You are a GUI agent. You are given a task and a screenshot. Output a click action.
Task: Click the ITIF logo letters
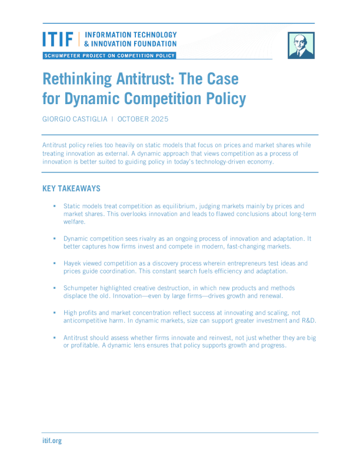click(x=58, y=39)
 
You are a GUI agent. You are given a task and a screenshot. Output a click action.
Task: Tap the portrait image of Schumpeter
click(x=301, y=45)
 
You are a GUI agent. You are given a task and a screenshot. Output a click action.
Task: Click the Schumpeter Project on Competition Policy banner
click(x=109, y=55)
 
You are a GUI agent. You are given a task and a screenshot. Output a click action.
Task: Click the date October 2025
click(x=143, y=119)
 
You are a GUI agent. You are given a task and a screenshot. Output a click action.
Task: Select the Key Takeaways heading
click(x=71, y=189)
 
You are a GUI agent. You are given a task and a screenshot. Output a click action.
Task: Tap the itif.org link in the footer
click(x=52, y=441)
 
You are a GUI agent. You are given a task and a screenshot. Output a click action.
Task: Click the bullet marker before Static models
click(x=54, y=206)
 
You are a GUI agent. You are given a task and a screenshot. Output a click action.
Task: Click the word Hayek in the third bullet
click(x=73, y=263)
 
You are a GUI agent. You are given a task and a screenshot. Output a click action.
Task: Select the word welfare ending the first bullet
click(x=74, y=222)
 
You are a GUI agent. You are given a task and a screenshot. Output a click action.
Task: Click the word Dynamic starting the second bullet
click(x=76, y=238)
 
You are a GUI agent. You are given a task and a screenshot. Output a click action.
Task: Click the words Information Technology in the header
click(x=131, y=35)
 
